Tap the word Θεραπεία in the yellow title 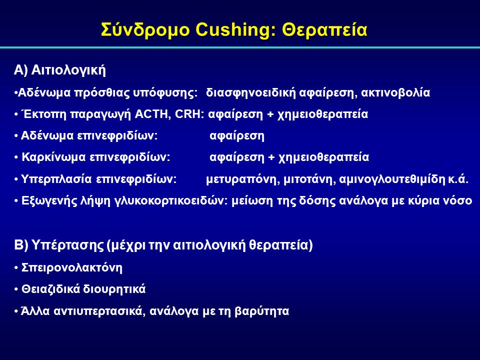pyautogui.click(x=324, y=30)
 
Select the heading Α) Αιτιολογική pyautogui.click(x=60, y=70)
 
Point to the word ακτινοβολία pyautogui.click(x=395, y=92)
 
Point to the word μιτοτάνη pyautogui.click(x=309, y=179)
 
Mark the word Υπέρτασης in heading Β pyautogui.click(x=68, y=245)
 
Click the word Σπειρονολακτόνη pyautogui.click(x=72, y=267)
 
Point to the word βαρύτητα pyautogui.click(x=261, y=311)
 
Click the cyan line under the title pyautogui.click(x=240, y=47)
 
